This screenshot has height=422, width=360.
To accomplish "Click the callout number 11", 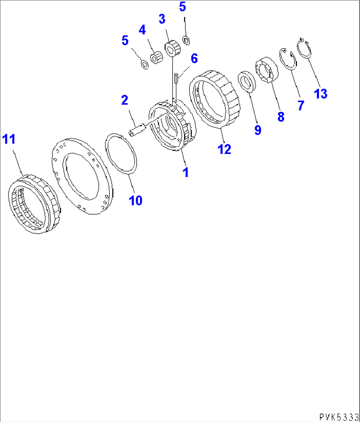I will click(x=9, y=139).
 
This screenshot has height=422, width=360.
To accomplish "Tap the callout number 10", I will click(x=135, y=200).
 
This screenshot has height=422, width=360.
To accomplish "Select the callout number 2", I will click(x=125, y=100).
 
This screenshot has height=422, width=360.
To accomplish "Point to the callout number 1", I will click(x=186, y=172).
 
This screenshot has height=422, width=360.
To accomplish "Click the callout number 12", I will click(x=224, y=149).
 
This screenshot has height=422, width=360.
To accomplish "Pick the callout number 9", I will click(x=258, y=130).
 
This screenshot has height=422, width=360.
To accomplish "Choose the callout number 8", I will click(x=280, y=117).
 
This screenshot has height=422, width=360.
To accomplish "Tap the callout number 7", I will click(x=300, y=106).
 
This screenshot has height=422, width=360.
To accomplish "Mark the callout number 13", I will click(x=320, y=94).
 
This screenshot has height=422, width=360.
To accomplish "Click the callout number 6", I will click(x=194, y=59).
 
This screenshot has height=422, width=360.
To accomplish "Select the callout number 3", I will click(x=162, y=19).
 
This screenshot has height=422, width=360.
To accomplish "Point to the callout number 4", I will click(x=142, y=30).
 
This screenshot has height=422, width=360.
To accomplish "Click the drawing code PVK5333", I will click(x=339, y=416).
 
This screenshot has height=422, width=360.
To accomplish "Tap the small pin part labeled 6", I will click(x=176, y=79).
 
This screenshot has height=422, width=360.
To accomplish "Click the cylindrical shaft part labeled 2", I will click(x=136, y=129).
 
